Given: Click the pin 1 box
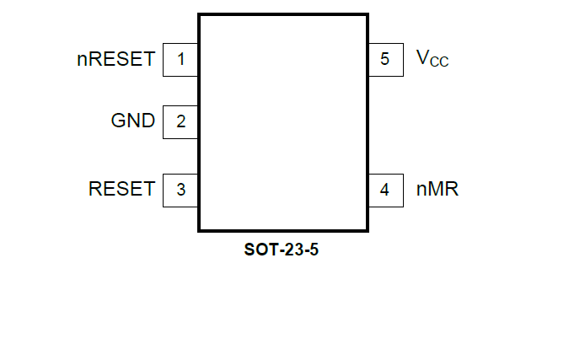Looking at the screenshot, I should point(180,59).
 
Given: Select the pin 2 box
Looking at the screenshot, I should point(180,121).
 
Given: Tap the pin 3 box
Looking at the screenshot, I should point(180,189).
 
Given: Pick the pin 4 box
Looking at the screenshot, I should point(385,189).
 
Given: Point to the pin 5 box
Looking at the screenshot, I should point(385,59).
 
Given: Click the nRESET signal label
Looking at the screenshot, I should point(115,59).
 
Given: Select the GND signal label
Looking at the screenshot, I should point(133,121).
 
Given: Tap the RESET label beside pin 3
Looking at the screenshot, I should point(121,189).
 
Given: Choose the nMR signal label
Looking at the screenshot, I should point(437,189).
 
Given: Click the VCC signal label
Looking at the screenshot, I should point(432,59).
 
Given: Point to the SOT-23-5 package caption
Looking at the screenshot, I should point(282,250).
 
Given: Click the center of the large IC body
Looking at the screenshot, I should point(283,121).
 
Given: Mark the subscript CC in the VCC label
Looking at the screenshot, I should point(439,63).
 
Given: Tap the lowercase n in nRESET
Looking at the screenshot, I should point(81,61).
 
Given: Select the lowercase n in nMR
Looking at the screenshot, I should point(421,191).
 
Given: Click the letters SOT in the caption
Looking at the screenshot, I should point(258,250).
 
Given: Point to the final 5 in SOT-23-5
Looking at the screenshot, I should point(314,250).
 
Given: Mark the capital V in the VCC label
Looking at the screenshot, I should point(422,58).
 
